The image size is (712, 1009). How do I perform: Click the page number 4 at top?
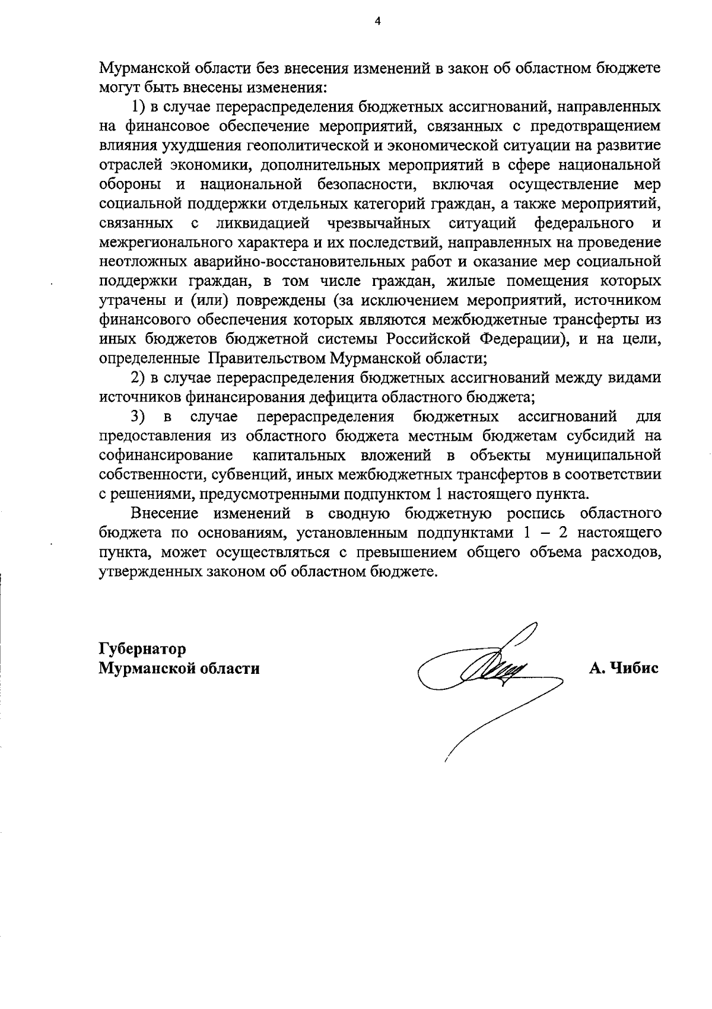[x=377, y=22]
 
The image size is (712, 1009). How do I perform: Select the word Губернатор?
[x=142, y=648]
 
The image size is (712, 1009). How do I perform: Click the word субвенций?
[x=240, y=475]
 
